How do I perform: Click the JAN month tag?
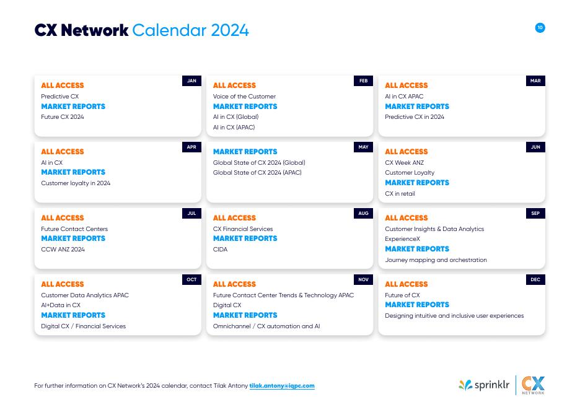point(191,81)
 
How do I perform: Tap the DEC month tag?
point(535,279)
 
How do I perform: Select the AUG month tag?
point(363,213)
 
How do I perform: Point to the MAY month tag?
point(363,147)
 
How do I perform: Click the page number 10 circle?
point(540,28)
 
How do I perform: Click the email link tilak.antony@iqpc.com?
point(282,386)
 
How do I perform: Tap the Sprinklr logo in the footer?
point(484,385)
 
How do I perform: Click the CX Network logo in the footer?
point(532,385)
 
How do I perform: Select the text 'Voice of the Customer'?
point(244,97)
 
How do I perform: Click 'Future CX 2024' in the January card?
point(63,117)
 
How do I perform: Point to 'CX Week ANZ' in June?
point(404,163)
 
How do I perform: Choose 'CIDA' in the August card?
point(220,250)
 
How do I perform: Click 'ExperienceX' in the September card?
point(402,239)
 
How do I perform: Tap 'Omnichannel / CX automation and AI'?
point(266,326)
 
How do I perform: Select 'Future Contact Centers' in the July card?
point(74,229)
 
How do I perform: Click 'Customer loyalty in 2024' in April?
point(76,183)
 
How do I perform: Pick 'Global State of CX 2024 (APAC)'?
point(257,173)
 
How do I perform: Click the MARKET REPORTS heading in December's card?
point(417,305)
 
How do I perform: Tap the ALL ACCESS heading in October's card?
point(62,284)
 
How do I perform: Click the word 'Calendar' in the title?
point(169,30)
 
